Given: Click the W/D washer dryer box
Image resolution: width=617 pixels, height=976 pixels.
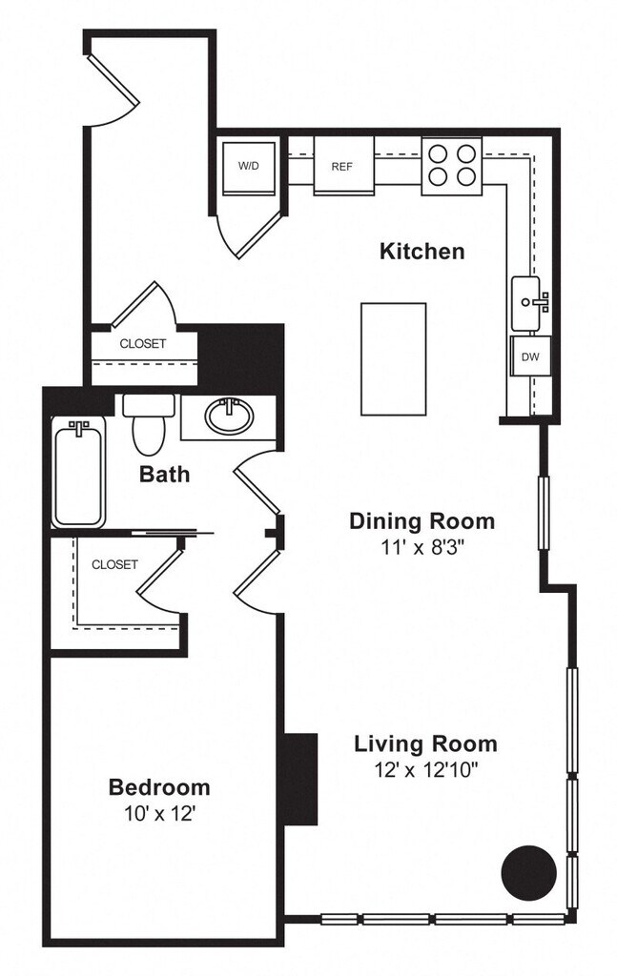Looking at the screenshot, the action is click(x=249, y=168).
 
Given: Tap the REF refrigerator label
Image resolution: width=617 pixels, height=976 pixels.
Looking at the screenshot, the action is click(x=341, y=167).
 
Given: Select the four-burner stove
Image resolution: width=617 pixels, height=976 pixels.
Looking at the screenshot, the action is click(x=452, y=166).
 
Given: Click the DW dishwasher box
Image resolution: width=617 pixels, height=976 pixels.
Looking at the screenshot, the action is click(x=530, y=356).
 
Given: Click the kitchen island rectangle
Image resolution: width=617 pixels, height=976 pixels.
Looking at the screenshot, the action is click(x=394, y=359).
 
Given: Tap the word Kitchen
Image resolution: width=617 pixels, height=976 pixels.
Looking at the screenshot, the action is click(x=422, y=252).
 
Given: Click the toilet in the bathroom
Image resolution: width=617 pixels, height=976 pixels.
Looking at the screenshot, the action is click(x=149, y=424).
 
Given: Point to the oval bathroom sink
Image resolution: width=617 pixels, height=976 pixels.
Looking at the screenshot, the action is click(x=229, y=416).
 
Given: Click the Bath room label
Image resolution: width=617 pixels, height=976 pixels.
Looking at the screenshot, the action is click(x=164, y=474).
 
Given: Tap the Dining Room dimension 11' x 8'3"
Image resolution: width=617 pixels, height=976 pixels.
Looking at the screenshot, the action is click(x=422, y=547).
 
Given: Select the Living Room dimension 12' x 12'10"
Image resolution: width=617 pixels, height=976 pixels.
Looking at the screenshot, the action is click(x=426, y=770).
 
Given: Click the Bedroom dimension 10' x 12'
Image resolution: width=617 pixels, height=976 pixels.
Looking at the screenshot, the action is click(x=160, y=814).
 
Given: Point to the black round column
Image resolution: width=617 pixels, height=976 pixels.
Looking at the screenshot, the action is click(x=528, y=873).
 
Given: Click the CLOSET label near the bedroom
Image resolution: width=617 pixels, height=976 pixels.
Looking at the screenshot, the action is click(x=114, y=564).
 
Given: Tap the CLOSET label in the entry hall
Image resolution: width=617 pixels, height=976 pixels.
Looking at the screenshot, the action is click(x=143, y=343).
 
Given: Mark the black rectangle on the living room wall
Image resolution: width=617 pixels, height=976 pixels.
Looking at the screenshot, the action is click(x=300, y=780).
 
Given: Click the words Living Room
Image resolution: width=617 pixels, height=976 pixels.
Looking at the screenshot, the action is click(x=426, y=743).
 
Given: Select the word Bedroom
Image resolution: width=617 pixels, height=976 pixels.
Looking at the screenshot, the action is click(x=159, y=786).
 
